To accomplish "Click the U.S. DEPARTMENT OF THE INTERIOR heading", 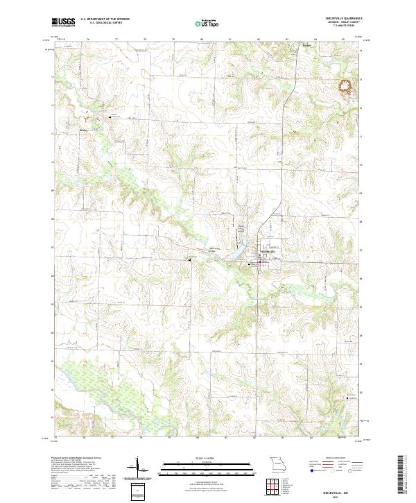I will [x=105, y=19].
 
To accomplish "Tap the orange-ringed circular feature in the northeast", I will [x=345, y=87].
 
